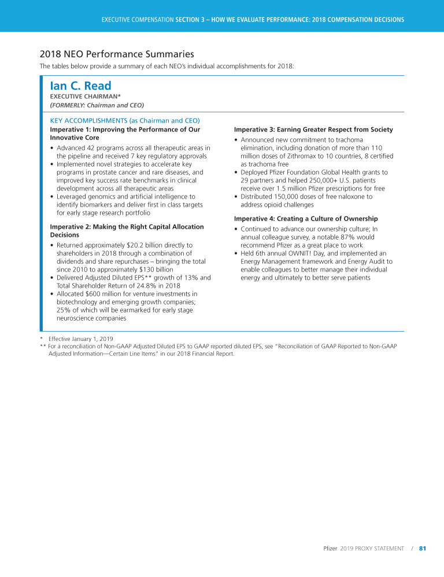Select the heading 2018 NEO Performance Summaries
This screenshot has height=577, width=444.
[x=117, y=54]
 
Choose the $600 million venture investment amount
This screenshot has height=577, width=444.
[x=99, y=294]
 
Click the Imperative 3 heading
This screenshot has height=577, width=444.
[x=313, y=130]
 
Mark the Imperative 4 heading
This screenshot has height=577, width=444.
[x=305, y=219]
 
